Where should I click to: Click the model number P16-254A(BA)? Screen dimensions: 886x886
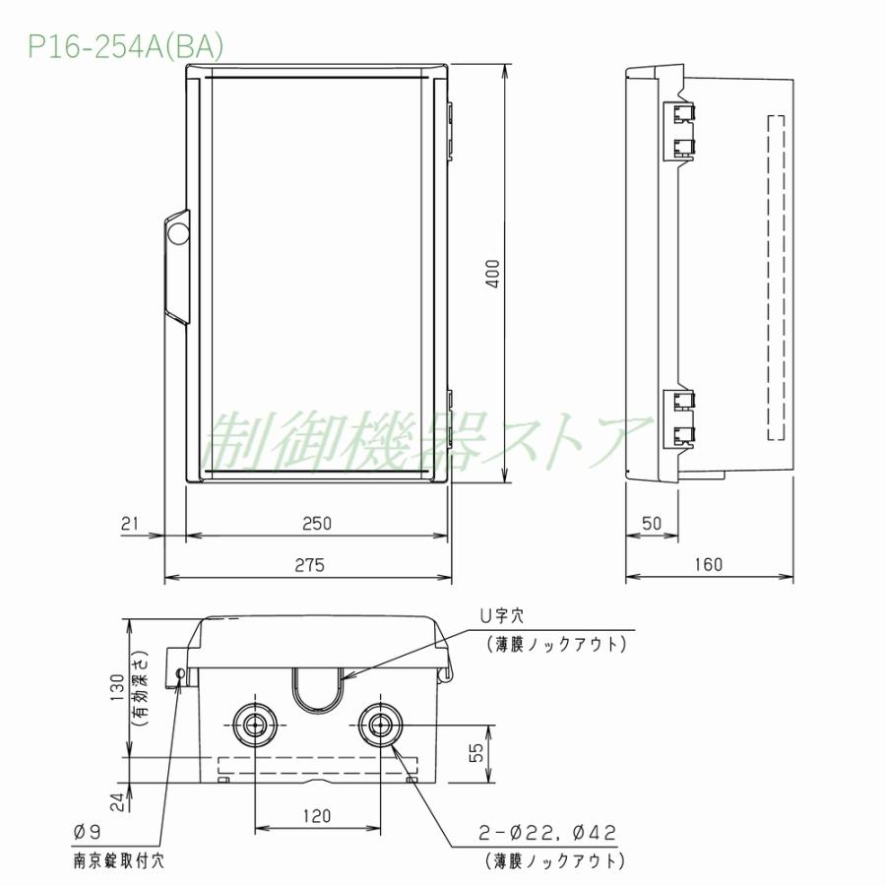[125, 47]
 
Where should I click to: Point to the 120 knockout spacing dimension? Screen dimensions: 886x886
[317, 815]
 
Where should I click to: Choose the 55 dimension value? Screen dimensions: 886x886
[475, 752]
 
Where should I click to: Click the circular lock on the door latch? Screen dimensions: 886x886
[179, 233]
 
